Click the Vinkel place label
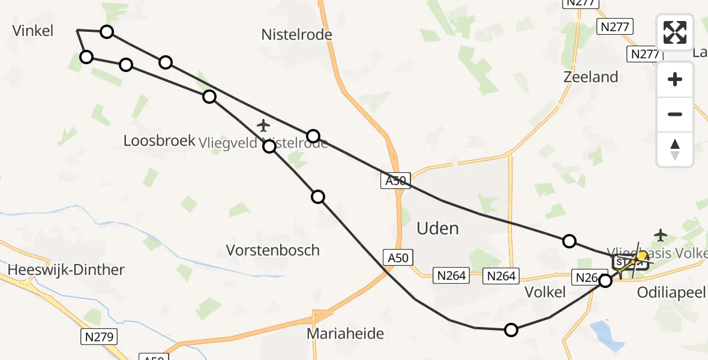(33, 31)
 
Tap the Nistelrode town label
(296, 35)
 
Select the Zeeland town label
(590, 77)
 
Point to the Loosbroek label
(160, 140)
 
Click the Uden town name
(438, 228)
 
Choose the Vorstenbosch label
(272, 250)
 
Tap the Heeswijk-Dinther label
(66, 269)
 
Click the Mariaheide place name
(345, 333)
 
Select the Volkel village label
(545, 292)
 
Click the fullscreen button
(675, 32)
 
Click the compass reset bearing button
(675, 149)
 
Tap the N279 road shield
(100, 337)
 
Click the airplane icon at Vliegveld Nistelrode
(263, 125)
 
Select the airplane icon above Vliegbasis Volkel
(661, 233)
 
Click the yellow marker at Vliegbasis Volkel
(641, 256)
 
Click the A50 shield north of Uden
(395, 181)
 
